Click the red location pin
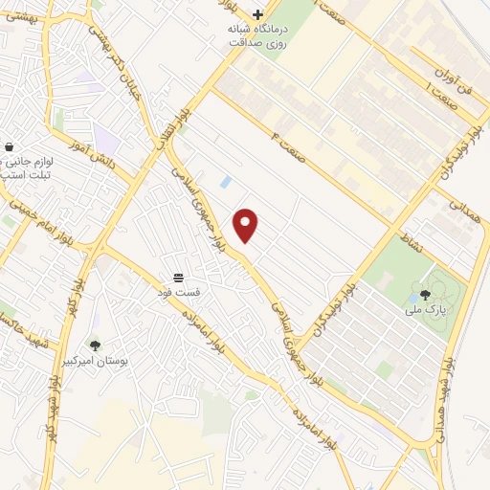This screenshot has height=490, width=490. [x=246, y=225]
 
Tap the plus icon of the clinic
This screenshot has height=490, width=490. [x=257, y=14]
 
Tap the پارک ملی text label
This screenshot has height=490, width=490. [x=426, y=309]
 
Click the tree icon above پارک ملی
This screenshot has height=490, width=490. [x=426, y=294]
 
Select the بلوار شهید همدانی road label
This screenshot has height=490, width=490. [x=445, y=392]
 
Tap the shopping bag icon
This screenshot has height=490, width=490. [x=10, y=147]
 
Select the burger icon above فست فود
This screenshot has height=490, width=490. [x=179, y=276]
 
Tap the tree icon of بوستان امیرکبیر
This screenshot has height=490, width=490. [x=94, y=345]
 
